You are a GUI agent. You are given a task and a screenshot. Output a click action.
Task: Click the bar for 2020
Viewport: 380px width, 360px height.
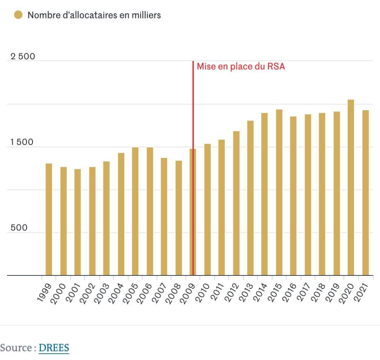click(351, 187)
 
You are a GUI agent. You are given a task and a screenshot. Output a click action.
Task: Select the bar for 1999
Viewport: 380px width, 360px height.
click(49, 219)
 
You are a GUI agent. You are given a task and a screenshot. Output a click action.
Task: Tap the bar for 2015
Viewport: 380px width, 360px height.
click(279, 192)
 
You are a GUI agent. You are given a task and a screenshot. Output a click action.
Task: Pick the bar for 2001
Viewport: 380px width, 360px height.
click(78, 222)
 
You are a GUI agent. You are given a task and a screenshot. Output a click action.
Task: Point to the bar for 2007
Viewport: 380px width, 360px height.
click(164, 217)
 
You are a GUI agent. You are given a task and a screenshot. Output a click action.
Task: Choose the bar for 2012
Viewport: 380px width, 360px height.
click(236, 203)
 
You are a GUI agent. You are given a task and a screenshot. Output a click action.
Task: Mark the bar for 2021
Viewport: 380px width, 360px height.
click(366, 193)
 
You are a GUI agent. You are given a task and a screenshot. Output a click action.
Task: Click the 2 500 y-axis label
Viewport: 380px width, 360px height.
click(23, 56)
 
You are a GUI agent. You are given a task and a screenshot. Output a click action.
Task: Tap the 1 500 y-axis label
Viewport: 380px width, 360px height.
click(22, 142)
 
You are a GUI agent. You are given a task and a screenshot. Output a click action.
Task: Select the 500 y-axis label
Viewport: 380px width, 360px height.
click(19, 228)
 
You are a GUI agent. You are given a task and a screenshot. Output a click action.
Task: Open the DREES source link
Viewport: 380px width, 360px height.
click(54, 348)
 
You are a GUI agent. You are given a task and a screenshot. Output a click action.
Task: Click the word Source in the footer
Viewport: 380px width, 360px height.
click(16, 348)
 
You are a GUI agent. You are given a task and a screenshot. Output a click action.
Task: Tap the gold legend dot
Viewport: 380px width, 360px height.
click(18, 15)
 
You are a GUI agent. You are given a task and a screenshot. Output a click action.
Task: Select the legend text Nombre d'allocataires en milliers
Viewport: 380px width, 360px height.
click(94, 15)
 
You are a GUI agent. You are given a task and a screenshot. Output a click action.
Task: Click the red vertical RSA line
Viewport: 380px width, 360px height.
click(193, 168)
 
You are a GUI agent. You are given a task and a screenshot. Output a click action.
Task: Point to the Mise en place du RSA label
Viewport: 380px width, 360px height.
click(240, 66)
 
